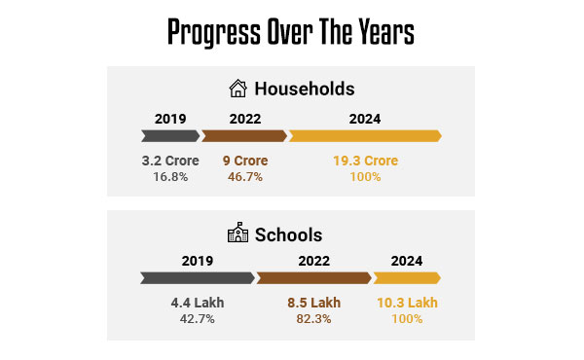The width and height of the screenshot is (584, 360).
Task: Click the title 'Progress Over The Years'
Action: [x=291, y=32]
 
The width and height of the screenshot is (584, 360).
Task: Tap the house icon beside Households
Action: [x=237, y=89]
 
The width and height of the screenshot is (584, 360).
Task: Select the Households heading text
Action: [x=305, y=89]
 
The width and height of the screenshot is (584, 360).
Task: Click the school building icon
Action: [x=237, y=234]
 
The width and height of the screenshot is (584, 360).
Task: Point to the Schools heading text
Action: [x=288, y=234]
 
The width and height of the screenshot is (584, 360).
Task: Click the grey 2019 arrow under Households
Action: [x=170, y=136]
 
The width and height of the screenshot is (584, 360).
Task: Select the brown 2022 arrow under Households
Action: [x=244, y=136]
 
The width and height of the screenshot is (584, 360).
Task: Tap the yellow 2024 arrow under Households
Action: [x=365, y=136]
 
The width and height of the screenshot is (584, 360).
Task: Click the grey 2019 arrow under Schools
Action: [x=198, y=278]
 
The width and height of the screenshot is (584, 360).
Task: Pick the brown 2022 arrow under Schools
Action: [x=313, y=278]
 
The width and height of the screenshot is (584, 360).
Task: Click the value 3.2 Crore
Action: [x=170, y=161]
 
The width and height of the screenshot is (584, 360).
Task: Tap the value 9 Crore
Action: [x=245, y=161]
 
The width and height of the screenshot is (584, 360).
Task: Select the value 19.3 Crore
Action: [x=365, y=161]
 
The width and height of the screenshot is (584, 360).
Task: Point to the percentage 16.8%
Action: [x=170, y=177]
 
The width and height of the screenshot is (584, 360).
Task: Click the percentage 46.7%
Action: [x=245, y=177]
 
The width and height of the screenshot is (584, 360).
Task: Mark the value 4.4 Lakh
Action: [x=197, y=303]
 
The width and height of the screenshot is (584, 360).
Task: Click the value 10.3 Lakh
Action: [x=407, y=303]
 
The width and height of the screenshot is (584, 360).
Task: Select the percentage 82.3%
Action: [x=313, y=319]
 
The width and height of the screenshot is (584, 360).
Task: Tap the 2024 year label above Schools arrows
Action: [x=407, y=261]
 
